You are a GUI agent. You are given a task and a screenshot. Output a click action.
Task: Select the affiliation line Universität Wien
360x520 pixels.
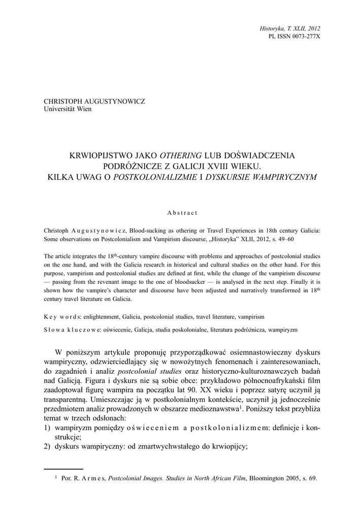[68, 109]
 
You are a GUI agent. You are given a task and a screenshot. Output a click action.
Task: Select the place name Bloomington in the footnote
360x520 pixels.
[269, 479]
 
